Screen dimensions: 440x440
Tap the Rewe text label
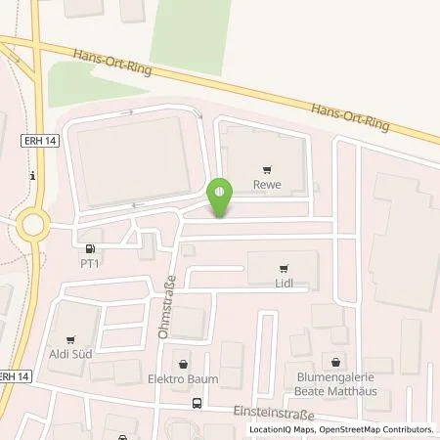(268, 183)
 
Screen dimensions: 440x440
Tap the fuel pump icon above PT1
(91, 248)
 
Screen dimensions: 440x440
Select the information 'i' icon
(34, 176)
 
